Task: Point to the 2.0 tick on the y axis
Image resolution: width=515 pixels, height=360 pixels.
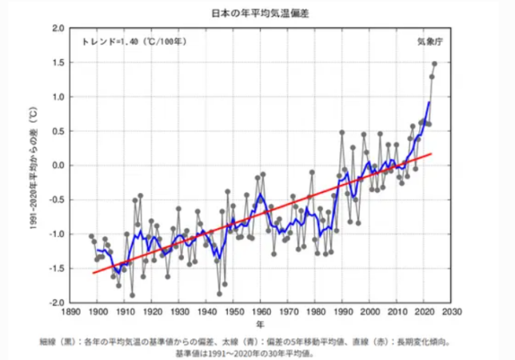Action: tap(57, 28)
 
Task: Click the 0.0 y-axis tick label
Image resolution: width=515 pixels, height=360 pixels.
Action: tap(57, 166)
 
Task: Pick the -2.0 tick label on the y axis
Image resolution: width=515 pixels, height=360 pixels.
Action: tap(55, 303)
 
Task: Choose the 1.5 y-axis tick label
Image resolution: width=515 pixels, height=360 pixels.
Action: tap(57, 62)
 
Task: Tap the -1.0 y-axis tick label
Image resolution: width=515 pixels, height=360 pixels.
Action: tap(55, 234)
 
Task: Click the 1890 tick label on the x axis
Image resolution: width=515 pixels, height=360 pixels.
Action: tap(70, 313)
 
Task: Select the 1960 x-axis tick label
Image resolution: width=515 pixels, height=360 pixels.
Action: tap(261, 313)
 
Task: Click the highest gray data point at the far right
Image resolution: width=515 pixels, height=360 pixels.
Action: tap(435, 64)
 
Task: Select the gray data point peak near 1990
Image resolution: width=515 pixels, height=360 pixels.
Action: tap(342, 132)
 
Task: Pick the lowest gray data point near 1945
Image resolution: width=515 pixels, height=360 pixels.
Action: tap(219, 294)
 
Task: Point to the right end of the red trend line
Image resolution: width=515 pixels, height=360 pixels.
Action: tap(432, 154)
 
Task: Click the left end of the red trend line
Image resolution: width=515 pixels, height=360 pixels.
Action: tap(94, 273)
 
